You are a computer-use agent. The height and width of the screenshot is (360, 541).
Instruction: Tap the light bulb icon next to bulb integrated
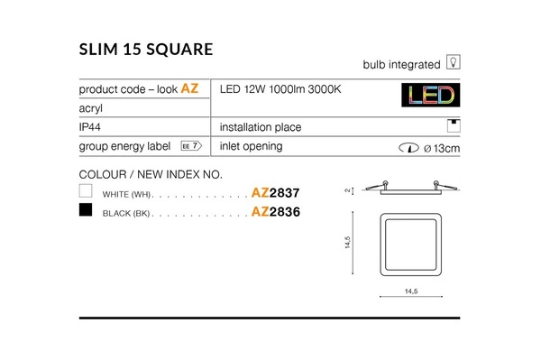tap(454, 64)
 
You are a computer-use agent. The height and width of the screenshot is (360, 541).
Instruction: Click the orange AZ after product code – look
tap(189, 89)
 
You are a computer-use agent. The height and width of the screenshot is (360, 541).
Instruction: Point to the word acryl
tap(92, 108)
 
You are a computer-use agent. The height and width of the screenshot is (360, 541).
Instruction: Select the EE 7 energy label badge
tap(189, 146)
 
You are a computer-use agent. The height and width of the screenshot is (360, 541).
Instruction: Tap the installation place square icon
tap(454, 126)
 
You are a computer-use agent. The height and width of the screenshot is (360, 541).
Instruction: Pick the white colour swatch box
tap(87, 192)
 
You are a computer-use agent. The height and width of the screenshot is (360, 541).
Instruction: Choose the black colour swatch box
tap(87, 211)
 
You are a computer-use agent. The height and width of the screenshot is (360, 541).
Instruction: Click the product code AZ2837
tap(274, 193)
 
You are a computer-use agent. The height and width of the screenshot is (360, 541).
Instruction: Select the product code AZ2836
tap(274, 212)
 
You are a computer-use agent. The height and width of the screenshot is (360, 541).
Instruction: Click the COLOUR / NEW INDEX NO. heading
tap(151, 174)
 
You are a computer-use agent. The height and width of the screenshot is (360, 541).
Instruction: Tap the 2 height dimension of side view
tap(345, 191)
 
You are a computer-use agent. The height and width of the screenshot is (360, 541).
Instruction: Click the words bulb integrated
tap(401, 65)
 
